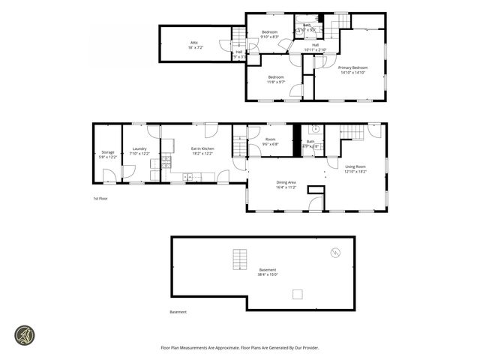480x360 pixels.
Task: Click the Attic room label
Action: (193, 43)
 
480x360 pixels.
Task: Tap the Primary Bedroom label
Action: (352, 67)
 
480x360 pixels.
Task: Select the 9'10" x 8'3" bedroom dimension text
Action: (269, 37)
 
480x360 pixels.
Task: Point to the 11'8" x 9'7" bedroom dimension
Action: (276, 82)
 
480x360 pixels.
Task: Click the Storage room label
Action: (108, 152)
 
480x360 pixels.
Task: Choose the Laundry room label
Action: (139, 148)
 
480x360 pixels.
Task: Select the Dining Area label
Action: (286, 182)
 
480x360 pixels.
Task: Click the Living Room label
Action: (355, 166)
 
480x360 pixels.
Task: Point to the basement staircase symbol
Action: (240, 259)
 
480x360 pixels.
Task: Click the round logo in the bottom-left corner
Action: (25, 334)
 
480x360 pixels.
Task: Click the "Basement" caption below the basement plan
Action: (178, 312)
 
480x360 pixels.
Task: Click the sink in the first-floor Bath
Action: (316, 128)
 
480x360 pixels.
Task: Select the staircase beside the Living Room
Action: (352, 133)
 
